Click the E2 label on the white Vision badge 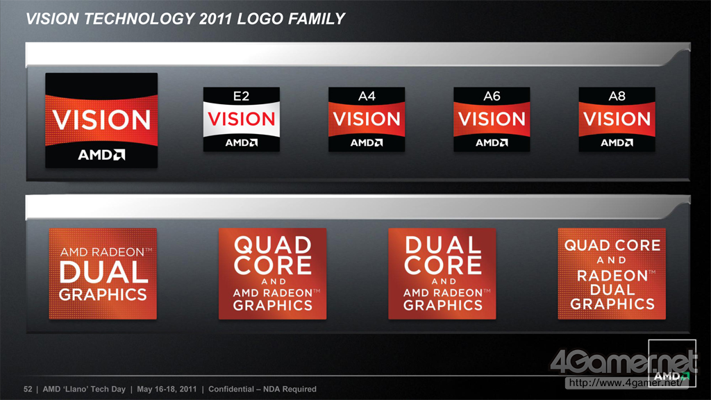(241, 96)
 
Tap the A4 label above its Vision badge (367, 96)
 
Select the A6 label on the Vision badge (492, 96)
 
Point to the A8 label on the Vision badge (617, 96)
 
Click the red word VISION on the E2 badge (241, 119)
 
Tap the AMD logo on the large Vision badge (101, 155)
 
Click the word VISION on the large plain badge (101, 119)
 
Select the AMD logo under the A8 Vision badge (617, 142)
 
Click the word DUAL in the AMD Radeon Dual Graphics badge (103, 272)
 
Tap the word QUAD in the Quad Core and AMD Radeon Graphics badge (272, 245)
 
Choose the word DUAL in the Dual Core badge (442, 245)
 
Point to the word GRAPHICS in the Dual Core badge (442, 306)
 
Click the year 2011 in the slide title (215, 19)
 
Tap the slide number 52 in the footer (28, 389)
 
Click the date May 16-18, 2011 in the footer (167, 389)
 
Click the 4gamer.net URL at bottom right (626, 383)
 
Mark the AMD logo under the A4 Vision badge (367, 142)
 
